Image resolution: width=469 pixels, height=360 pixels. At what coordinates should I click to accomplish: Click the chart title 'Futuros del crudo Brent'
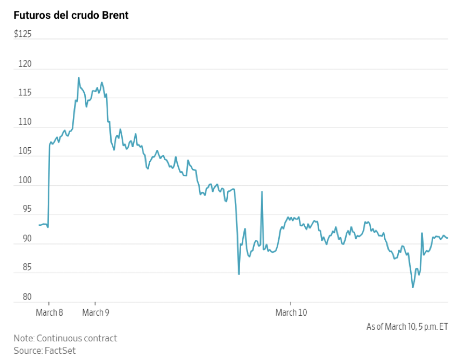[x=71, y=16]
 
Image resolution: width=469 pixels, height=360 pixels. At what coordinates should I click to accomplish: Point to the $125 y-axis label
[x=23, y=34]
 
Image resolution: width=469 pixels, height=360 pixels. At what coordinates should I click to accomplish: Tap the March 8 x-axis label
[x=49, y=313]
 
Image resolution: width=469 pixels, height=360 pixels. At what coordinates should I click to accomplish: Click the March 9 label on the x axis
[x=96, y=313]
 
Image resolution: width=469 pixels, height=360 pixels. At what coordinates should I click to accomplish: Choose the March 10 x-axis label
[x=291, y=313]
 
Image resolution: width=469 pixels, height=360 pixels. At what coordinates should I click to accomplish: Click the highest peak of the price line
[x=79, y=78]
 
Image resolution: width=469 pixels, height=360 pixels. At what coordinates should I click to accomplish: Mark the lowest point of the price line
[x=413, y=287]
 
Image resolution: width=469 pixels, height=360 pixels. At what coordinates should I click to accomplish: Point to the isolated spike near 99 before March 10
[x=262, y=192]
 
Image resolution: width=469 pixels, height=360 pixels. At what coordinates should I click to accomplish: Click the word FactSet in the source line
[x=60, y=351]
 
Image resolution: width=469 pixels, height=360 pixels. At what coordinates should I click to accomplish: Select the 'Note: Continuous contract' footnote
[x=66, y=338]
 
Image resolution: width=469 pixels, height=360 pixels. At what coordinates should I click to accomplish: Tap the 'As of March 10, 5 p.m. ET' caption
[x=407, y=327]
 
